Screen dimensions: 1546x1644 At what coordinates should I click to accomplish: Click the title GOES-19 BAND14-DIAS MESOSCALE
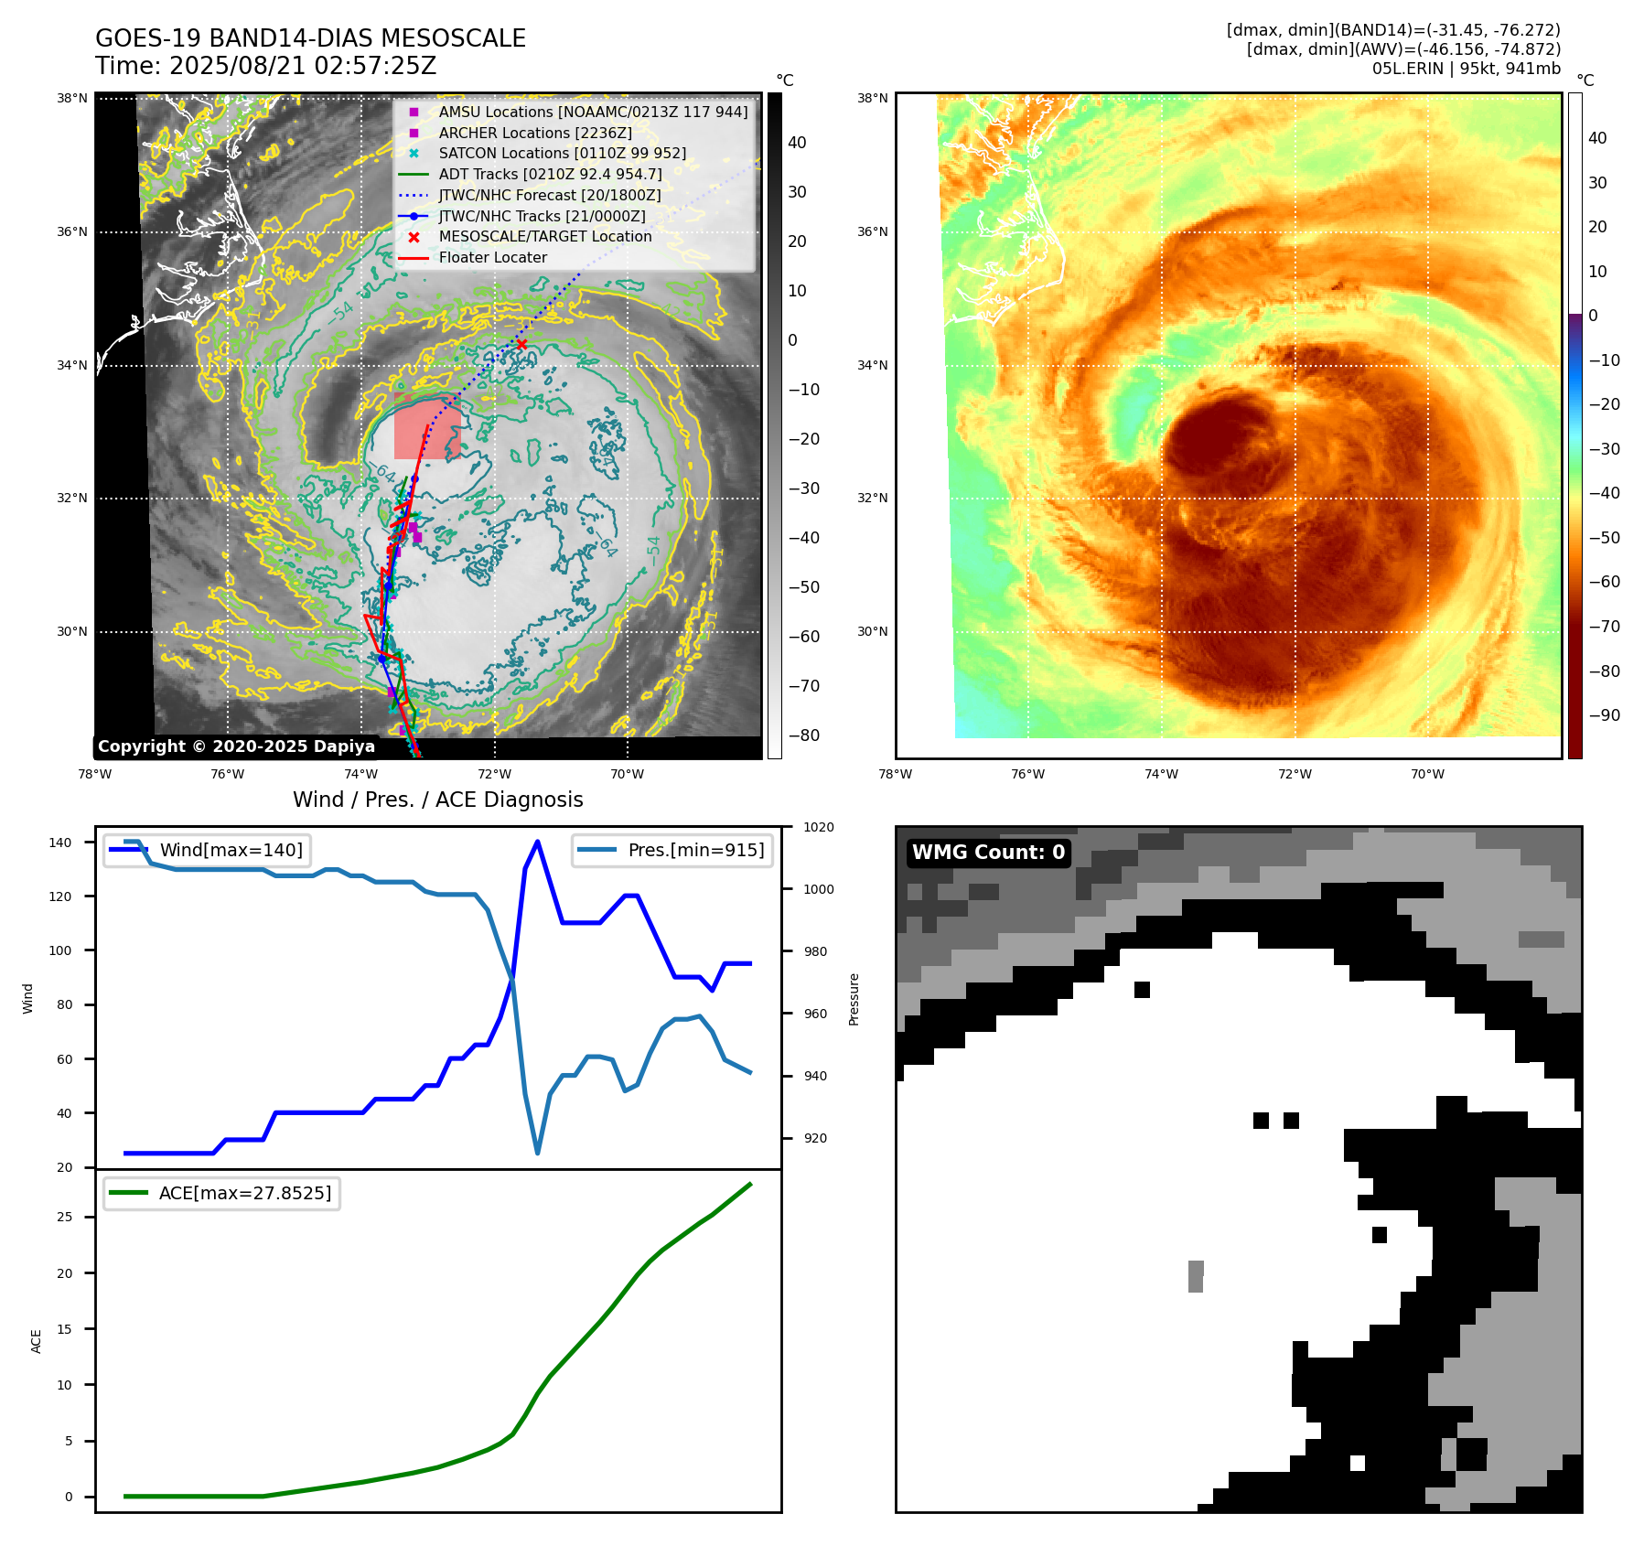[310, 38]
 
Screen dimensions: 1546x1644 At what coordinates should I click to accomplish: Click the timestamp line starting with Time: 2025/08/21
[266, 66]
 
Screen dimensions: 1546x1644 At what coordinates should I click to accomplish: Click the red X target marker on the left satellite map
[521, 344]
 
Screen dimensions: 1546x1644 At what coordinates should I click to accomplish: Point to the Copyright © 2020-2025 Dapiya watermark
[236, 746]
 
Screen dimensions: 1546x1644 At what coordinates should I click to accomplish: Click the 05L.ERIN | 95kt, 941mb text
[1466, 69]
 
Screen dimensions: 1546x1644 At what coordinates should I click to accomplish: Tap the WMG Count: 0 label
[988, 853]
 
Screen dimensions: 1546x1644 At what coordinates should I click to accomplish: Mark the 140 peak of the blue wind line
[537, 842]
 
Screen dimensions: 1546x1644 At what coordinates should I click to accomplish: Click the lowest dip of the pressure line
[537, 1153]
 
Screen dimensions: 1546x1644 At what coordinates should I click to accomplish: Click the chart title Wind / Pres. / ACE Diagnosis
[437, 800]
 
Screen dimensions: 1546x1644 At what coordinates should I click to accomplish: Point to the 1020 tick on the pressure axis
[819, 827]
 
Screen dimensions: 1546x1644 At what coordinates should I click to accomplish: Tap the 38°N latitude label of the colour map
[872, 98]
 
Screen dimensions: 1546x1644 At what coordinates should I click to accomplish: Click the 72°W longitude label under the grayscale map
[494, 774]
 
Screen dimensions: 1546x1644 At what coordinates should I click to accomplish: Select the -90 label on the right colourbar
[1604, 715]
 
